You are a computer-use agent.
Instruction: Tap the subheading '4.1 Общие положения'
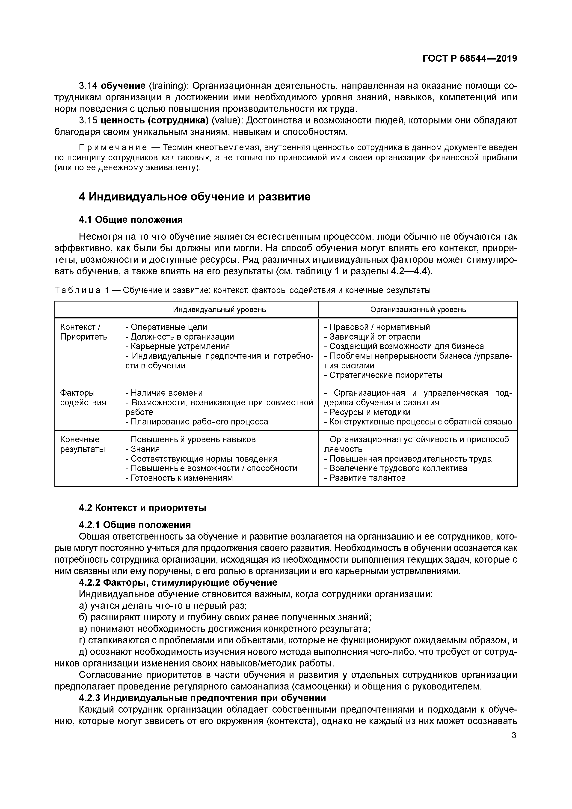[x=131, y=220]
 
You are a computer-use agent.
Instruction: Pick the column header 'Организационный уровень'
[x=418, y=310]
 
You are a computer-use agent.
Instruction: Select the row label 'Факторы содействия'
[x=83, y=397]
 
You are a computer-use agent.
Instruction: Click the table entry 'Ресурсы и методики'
[x=370, y=412]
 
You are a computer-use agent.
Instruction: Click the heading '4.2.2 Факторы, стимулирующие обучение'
[x=178, y=582]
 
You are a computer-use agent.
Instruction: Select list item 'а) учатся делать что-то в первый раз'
[x=163, y=606]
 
